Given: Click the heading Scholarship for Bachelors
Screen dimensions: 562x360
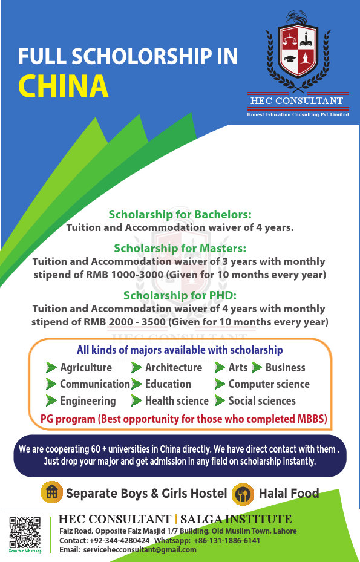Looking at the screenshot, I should pos(180,214).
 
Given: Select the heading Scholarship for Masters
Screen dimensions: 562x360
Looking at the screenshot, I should pos(180,248).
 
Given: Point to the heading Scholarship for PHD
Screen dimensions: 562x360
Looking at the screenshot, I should pos(180,295).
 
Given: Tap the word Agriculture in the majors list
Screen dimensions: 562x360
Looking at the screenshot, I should pos(86,367).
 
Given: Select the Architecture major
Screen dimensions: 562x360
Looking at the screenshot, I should pos(174,367).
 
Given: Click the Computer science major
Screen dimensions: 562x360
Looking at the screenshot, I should pos(269,384).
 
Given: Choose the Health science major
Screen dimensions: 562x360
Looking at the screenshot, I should pos(177,400).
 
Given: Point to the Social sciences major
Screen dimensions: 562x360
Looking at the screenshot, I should pos(262,400).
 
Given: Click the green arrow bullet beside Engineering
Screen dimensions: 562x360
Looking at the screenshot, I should pos(51,400).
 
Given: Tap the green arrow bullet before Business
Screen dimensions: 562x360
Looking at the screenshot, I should pos(257,367).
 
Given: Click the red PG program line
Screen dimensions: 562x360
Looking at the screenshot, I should pos(183,419).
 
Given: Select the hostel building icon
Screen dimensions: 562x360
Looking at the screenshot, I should pos(51,493).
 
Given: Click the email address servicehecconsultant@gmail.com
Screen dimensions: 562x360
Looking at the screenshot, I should pos(139,549).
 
